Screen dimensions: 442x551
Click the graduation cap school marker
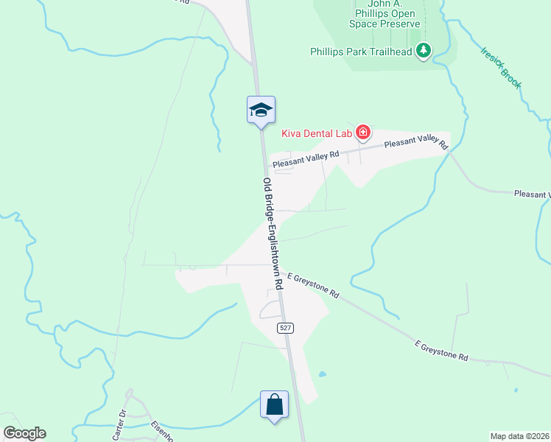pyautogui.click(x=261, y=110)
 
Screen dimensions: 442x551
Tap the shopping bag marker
pyautogui.click(x=274, y=404)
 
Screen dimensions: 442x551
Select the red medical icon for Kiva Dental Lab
pyautogui.click(x=362, y=133)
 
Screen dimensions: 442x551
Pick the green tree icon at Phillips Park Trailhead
pyautogui.click(x=424, y=51)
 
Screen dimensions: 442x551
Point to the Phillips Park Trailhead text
pyautogui.click(x=361, y=52)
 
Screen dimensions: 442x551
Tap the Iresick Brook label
pyautogui.click(x=501, y=68)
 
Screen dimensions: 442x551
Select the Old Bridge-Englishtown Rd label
pyautogui.click(x=272, y=232)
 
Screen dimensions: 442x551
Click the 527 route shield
pyautogui.click(x=286, y=328)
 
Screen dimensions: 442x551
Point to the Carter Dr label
pyautogui.click(x=119, y=424)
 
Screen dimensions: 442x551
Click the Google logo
pyautogui.click(x=24, y=433)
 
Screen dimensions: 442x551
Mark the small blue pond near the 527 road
pyautogui.click(x=322, y=374)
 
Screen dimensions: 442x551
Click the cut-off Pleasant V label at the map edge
pyautogui.click(x=532, y=194)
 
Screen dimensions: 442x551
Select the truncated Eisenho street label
pyautogui.click(x=161, y=430)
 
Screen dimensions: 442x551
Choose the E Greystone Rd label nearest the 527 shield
pyautogui.click(x=313, y=283)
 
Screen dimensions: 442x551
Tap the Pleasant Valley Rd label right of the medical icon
pyautogui.click(x=416, y=143)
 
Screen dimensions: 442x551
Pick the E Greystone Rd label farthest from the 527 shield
pyautogui.click(x=441, y=350)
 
